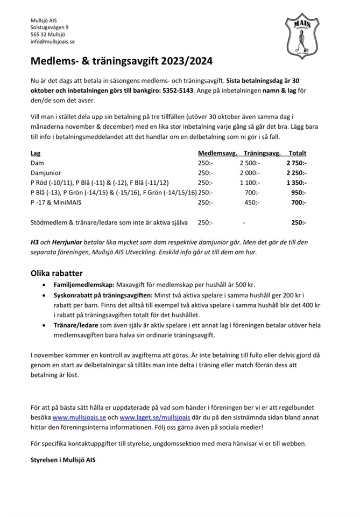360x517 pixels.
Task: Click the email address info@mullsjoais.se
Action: click(x=53, y=41)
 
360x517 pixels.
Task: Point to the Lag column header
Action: click(x=35, y=153)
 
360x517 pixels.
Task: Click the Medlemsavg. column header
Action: click(x=217, y=153)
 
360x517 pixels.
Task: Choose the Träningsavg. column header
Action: click(x=262, y=153)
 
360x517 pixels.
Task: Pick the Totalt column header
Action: click(x=297, y=153)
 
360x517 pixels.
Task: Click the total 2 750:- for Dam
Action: click(x=295, y=163)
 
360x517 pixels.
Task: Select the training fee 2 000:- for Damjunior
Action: click(x=250, y=173)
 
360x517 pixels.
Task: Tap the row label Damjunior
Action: click(x=47, y=173)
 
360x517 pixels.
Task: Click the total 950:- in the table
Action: click(x=299, y=193)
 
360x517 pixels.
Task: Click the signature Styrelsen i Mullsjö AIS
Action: click(x=63, y=460)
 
